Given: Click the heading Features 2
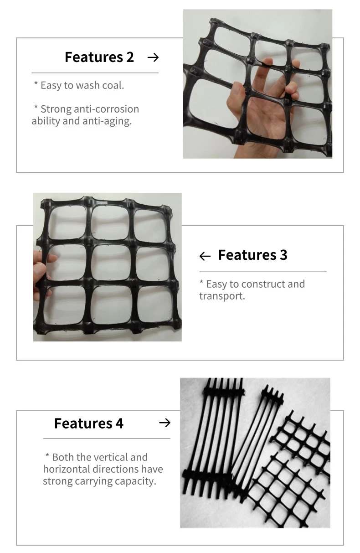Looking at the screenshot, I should pyautogui.click(x=99, y=57).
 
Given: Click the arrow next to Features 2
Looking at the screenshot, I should pyautogui.click(x=153, y=57).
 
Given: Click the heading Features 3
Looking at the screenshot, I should pyautogui.click(x=252, y=255).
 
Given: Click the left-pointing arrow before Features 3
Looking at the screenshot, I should pyautogui.click(x=205, y=256).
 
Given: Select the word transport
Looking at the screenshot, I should pyautogui.click(x=221, y=296).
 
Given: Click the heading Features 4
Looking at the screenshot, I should pyautogui.click(x=89, y=423).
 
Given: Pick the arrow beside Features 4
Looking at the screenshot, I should pyautogui.click(x=165, y=423).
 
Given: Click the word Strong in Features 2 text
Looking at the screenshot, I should pyautogui.click(x=55, y=109).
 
